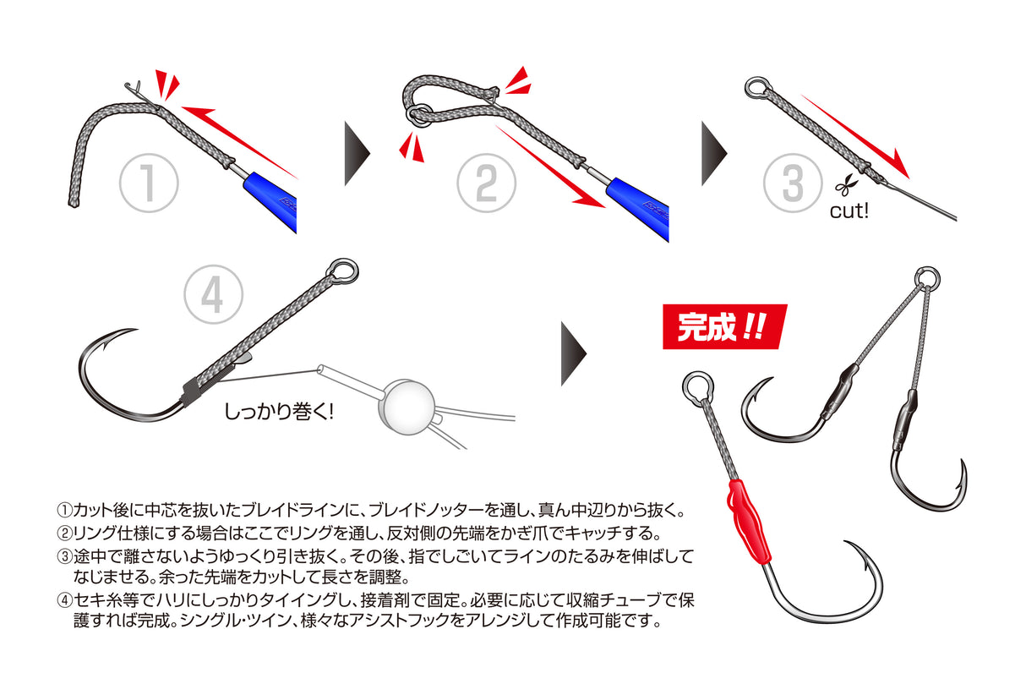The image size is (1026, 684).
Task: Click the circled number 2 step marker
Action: coord(486,182)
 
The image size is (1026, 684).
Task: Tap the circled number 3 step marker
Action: coord(792,182)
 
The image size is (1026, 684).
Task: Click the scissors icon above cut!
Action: coord(843,183)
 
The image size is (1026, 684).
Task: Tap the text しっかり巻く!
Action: coord(279,413)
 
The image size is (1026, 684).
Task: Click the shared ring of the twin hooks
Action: coord(927,277)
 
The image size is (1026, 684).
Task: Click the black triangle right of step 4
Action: coord(574,353)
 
